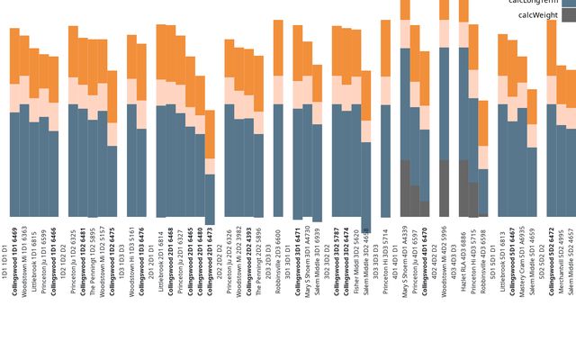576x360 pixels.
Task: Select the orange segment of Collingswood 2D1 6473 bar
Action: point(210,134)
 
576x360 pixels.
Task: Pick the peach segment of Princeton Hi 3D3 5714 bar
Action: point(386,91)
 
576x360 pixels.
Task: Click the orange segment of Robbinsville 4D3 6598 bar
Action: point(483,122)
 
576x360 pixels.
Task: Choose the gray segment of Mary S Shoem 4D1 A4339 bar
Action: point(405,188)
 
